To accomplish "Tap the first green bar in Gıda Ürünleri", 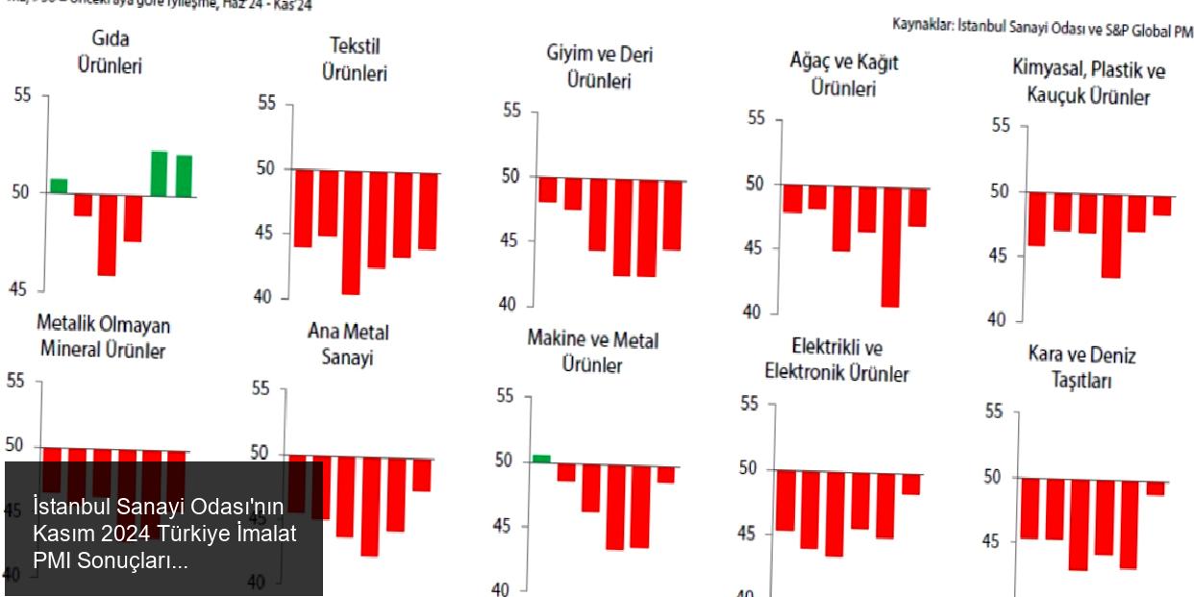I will [x=59, y=185].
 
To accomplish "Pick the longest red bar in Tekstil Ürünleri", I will [x=351, y=233].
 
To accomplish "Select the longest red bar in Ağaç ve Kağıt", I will [x=890, y=247].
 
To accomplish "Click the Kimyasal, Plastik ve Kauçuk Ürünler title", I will [x=1088, y=83].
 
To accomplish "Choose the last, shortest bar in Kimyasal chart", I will [x=1162, y=204].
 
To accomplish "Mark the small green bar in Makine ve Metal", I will [x=541, y=459].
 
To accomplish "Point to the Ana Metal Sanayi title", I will [x=348, y=344].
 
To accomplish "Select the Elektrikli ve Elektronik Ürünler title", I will [x=836, y=360].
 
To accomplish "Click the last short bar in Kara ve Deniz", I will [x=1155, y=487].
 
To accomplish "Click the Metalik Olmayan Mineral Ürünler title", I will [x=103, y=336].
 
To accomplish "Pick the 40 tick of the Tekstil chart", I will [x=265, y=298].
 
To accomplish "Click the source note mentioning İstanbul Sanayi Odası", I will [x=1042, y=29].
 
